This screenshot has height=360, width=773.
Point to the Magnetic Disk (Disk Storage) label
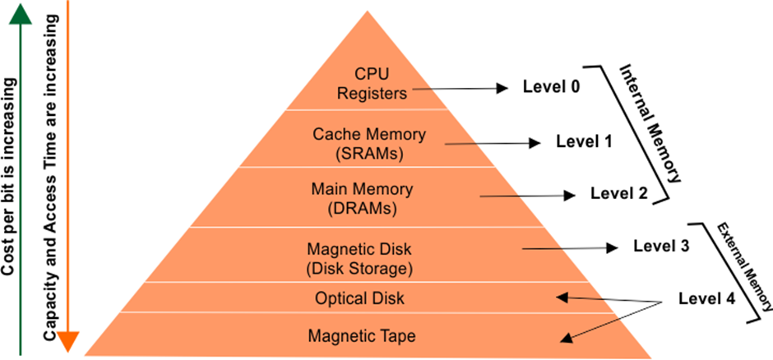(x=359, y=257)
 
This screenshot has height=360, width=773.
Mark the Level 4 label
(x=706, y=298)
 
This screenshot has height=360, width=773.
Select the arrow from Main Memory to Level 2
(x=527, y=196)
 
